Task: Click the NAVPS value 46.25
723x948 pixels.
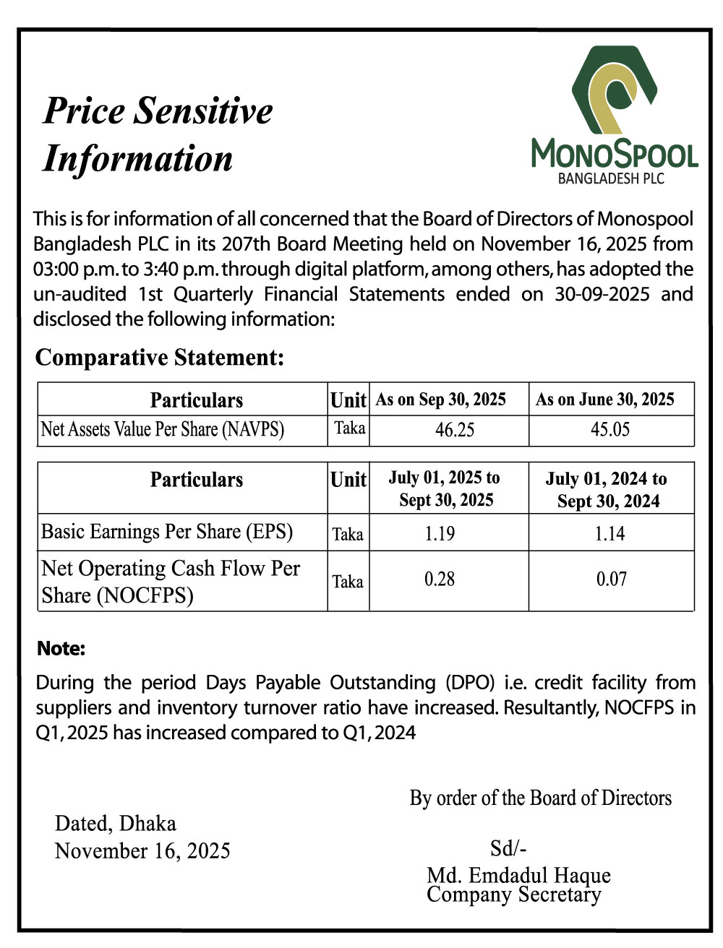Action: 455,430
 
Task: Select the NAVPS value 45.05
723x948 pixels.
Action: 610,430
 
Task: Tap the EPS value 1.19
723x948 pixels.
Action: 440,534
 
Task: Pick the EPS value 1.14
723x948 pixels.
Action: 609,534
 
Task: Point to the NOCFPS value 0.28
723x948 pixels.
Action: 440,579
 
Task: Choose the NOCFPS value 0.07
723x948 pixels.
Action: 611,579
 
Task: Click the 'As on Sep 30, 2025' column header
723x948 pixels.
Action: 441,400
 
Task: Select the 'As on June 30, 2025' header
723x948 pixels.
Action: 605,400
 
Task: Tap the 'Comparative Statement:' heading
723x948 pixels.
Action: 160,358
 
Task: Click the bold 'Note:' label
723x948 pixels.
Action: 61,649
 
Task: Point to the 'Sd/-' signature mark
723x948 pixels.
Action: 508,848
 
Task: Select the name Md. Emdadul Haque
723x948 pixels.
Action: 518,876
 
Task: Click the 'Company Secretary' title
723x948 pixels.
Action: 513,895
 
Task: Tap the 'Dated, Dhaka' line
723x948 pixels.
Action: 116,824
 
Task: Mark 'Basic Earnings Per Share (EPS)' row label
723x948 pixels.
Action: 167,532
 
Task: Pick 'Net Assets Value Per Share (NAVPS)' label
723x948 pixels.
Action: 163,430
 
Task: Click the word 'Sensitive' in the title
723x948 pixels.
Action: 205,111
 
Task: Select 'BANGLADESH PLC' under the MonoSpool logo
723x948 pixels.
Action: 611,178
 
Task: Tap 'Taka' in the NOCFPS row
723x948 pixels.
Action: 348,582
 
